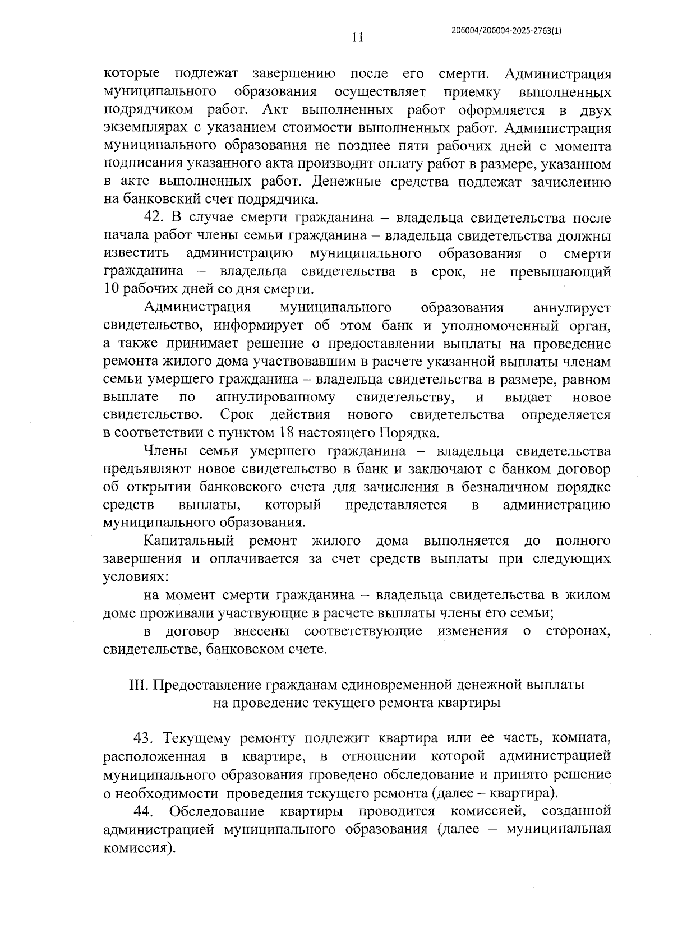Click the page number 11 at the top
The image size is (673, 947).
(357, 38)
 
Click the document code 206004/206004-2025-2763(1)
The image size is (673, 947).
(506, 32)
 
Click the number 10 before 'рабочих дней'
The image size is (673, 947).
(111, 290)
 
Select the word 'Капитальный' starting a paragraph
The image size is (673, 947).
(188, 541)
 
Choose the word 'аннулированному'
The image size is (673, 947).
(275, 398)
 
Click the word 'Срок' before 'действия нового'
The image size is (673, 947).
(236, 415)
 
